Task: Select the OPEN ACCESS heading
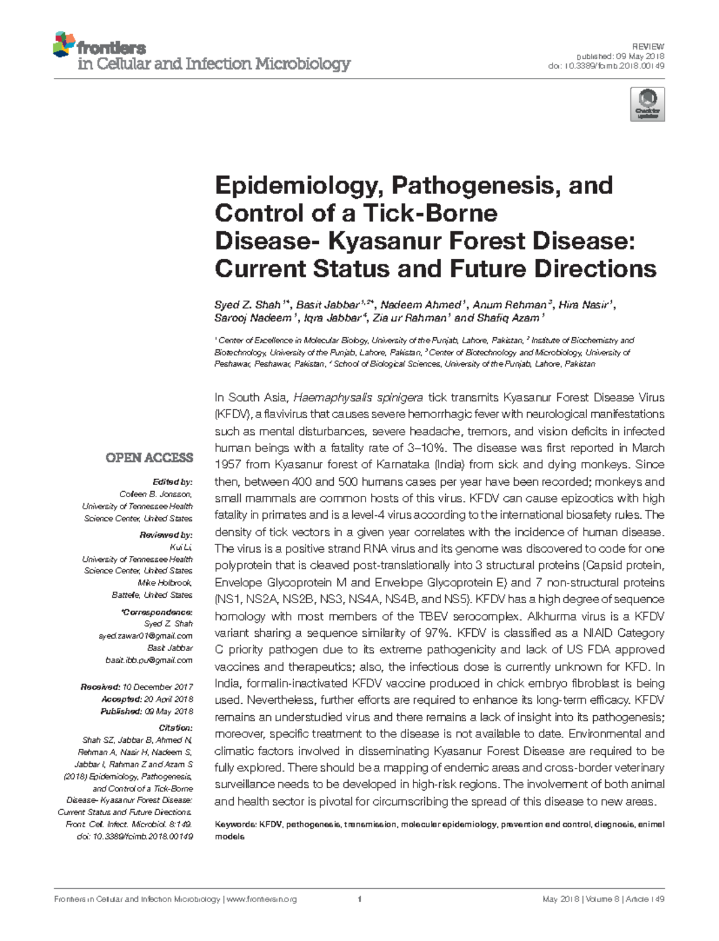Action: click(x=149, y=458)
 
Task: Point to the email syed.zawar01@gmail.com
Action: click(x=145, y=636)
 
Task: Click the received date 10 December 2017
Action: click(x=157, y=687)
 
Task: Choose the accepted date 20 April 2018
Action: click(x=168, y=699)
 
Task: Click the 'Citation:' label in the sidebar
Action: click(x=176, y=728)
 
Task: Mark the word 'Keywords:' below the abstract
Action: click(x=235, y=824)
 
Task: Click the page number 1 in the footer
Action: click(x=359, y=900)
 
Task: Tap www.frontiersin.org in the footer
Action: click(x=262, y=900)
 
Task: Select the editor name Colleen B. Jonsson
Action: click(x=156, y=494)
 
